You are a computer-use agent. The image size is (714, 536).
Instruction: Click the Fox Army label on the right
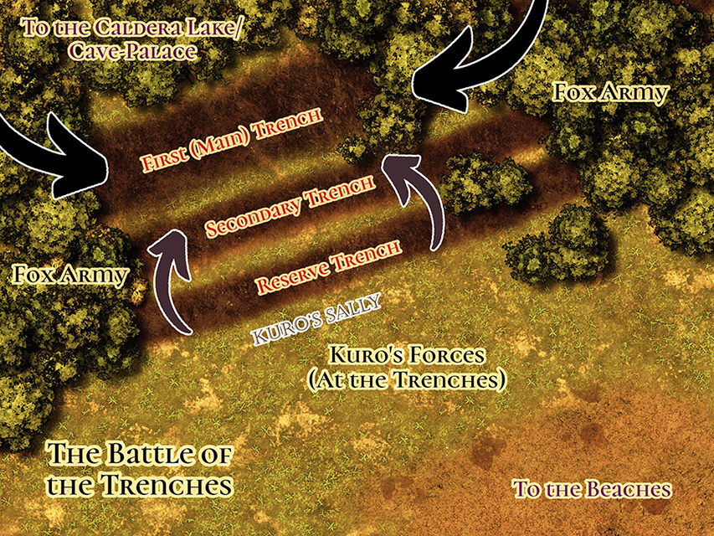coord(612,92)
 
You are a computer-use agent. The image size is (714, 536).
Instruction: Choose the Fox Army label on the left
coord(70,275)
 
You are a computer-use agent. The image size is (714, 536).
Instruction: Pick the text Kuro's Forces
coord(406,355)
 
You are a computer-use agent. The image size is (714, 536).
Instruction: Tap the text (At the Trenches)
coord(406,379)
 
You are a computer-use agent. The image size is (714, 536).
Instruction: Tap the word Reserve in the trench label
coord(293,277)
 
